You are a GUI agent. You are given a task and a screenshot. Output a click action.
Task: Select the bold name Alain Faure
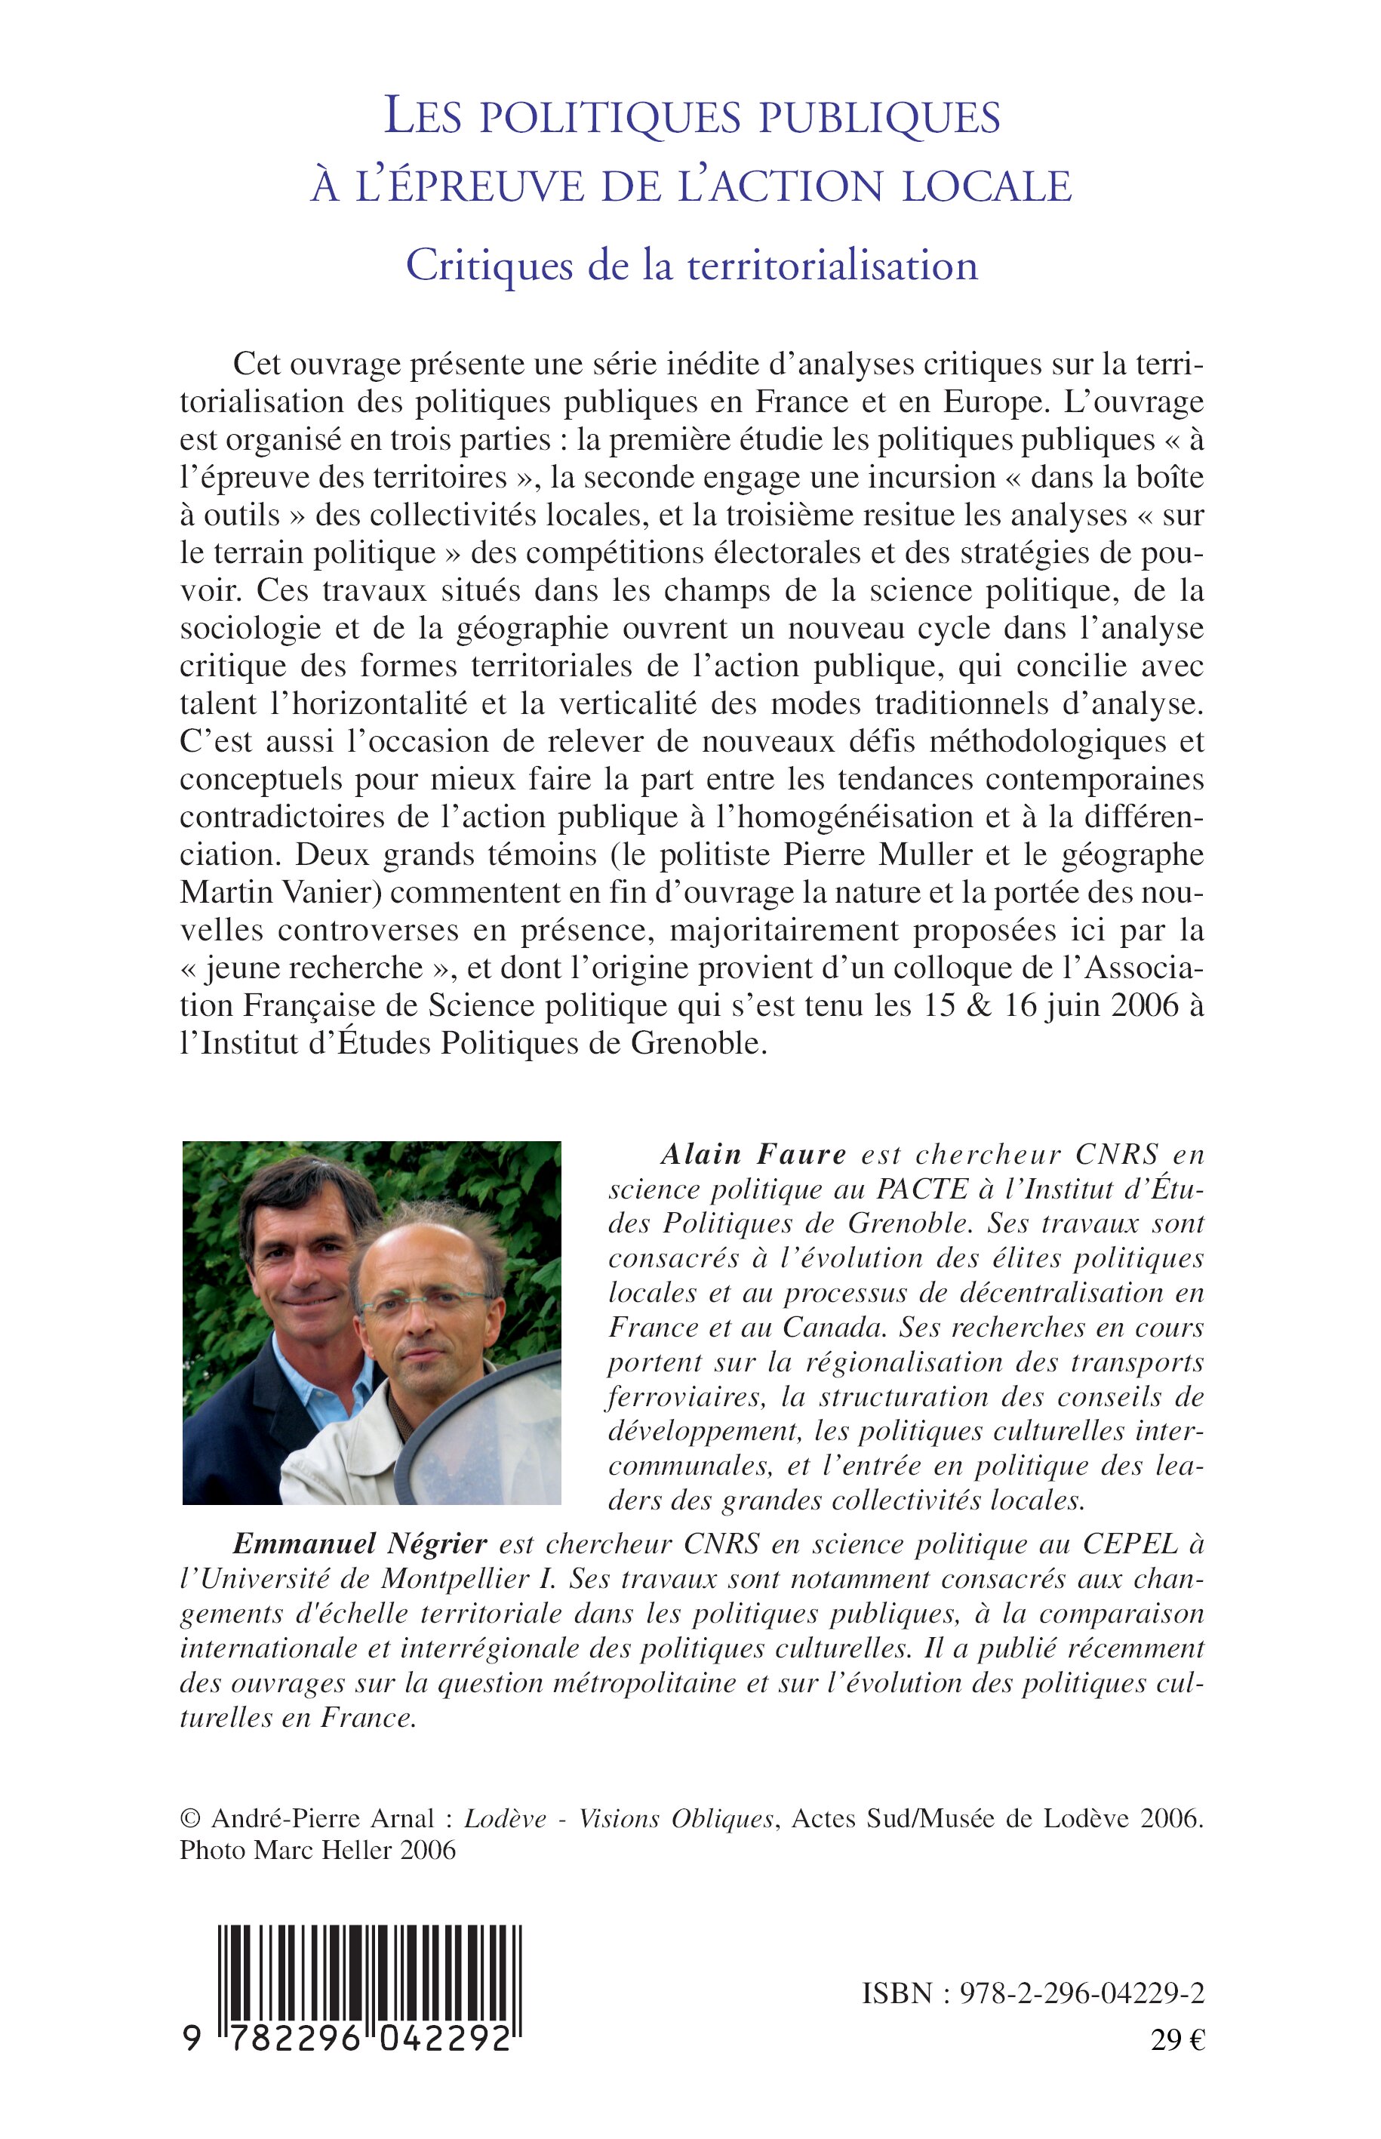(x=753, y=1153)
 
